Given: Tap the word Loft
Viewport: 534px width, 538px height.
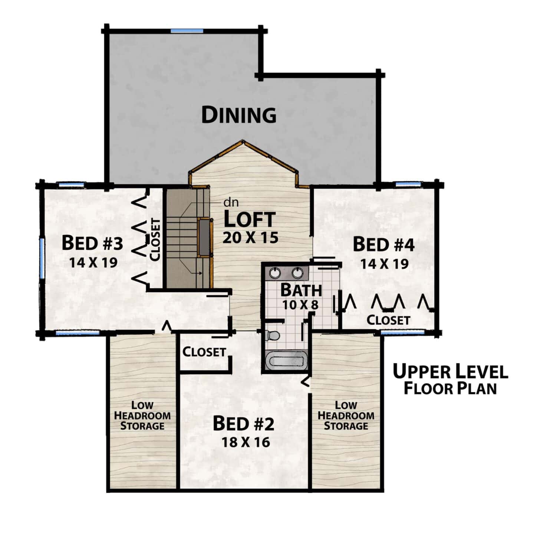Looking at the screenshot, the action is pos(250,220).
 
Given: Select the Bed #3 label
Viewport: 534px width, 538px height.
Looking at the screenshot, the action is pos(92,243).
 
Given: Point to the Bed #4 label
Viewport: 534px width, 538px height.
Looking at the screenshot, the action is pos(384,244).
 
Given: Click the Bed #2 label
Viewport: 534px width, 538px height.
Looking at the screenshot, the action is pos(243,424).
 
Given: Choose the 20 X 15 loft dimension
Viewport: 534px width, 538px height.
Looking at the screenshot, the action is pos(250,238).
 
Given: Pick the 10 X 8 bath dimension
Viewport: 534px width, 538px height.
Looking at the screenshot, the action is pos(300,305).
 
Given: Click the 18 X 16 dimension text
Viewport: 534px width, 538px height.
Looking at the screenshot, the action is pos(245,442).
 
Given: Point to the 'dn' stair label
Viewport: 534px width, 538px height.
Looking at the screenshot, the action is pos(231,203).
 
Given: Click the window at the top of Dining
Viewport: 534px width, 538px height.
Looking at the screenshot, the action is pos(187,31).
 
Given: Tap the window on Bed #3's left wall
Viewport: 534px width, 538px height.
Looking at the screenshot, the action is pos(42,258).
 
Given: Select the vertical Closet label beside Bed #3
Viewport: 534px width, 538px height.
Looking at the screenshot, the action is pos(155,240).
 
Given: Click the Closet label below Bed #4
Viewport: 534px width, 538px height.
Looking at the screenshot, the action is pos(388,320).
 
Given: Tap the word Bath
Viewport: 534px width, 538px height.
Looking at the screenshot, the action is pos(301,290).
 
